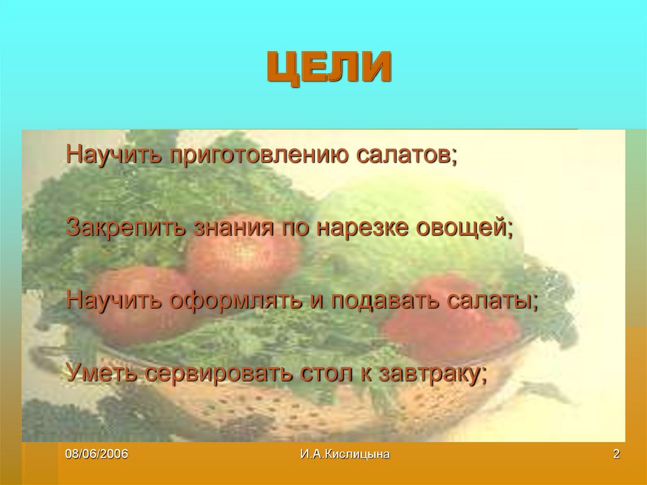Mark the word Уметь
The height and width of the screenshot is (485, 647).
click(x=102, y=372)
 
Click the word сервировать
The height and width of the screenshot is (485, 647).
click(x=218, y=372)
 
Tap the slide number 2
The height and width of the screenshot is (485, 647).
click(x=616, y=454)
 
